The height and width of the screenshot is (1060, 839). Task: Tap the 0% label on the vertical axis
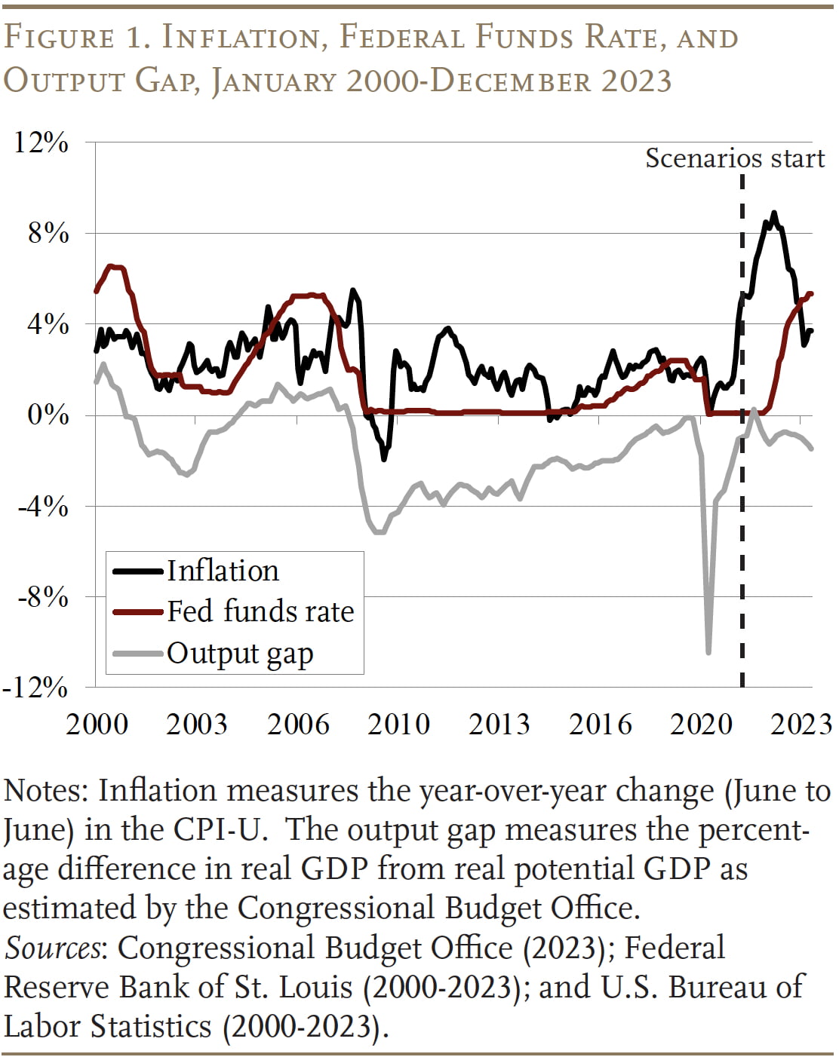coord(48,415)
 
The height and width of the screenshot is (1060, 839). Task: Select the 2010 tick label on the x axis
coord(398,724)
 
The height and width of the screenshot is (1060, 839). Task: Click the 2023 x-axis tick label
coord(801,724)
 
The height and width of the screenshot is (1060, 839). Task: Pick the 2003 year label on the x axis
coord(196,724)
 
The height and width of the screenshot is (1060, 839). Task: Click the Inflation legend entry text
coord(223,571)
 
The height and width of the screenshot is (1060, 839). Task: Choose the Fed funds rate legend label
coord(260,611)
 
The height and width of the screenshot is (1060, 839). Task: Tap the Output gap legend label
coord(240,653)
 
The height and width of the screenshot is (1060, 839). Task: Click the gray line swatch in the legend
coord(138,653)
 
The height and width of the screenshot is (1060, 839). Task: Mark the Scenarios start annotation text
coord(735,158)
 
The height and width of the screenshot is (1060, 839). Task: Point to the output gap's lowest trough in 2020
coord(708,651)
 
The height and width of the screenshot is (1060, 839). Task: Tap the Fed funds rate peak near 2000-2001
coord(111,266)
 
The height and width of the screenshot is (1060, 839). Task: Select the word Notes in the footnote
coord(46,791)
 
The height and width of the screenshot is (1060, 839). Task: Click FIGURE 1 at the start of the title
coord(72,38)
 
